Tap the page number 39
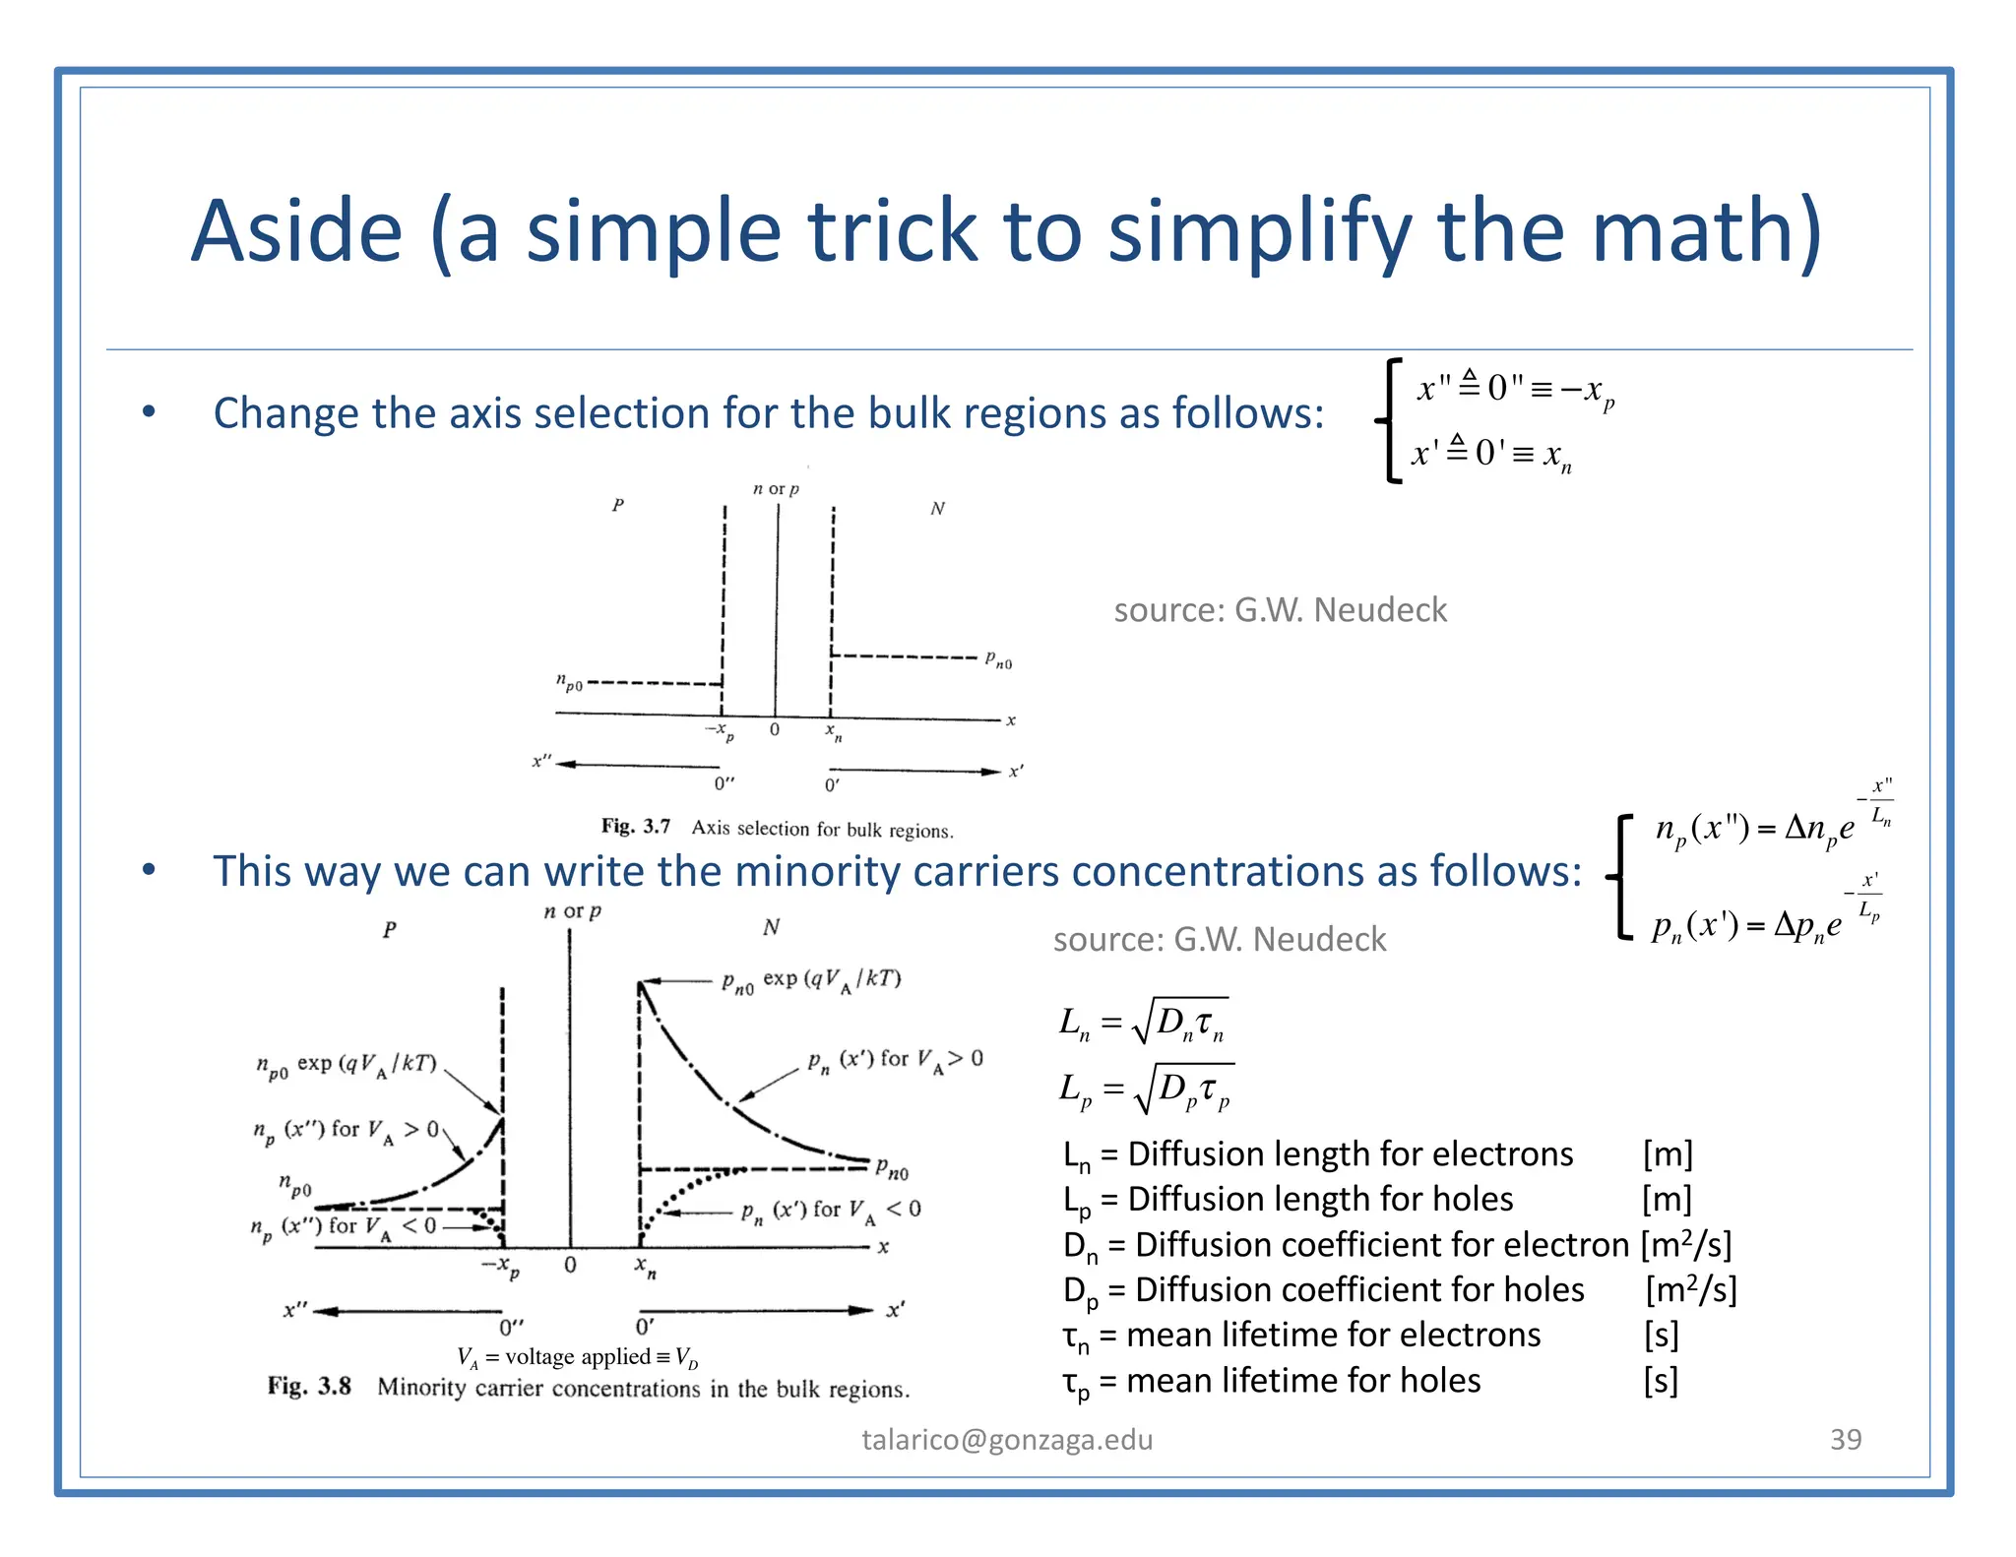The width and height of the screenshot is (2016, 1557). click(x=1845, y=1439)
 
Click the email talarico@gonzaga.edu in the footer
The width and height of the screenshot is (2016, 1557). click(x=1007, y=1439)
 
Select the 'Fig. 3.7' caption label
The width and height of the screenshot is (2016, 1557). click(x=635, y=826)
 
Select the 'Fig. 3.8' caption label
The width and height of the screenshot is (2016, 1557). click(x=309, y=1386)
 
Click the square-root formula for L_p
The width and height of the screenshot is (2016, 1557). click(x=1145, y=1089)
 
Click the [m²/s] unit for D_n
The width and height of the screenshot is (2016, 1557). click(x=1685, y=1245)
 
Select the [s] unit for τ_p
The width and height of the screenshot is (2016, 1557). click(x=1661, y=1380)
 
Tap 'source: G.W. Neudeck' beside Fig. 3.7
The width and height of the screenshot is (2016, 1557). click(x=1280, y=610)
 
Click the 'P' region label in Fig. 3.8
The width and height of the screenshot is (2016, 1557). click(x=390, y=929)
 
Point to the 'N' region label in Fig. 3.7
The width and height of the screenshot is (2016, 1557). click(x=937, y=508)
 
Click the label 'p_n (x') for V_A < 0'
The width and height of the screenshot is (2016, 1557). click(x=831, y=1210)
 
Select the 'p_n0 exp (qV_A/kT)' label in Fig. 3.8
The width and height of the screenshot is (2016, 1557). click(x=811, y=979)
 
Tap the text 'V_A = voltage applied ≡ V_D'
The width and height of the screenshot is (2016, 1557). click(x=578, y=1357)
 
